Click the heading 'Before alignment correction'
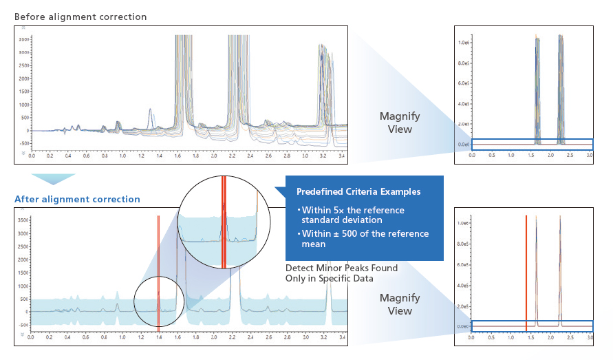point(80,17)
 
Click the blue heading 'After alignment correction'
point(77,200)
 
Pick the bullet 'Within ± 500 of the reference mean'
point(363,238)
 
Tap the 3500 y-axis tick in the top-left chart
point(23,39)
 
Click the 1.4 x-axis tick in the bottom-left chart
point(159,339)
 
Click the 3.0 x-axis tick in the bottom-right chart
point(590,339)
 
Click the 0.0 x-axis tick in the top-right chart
point(472,156)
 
